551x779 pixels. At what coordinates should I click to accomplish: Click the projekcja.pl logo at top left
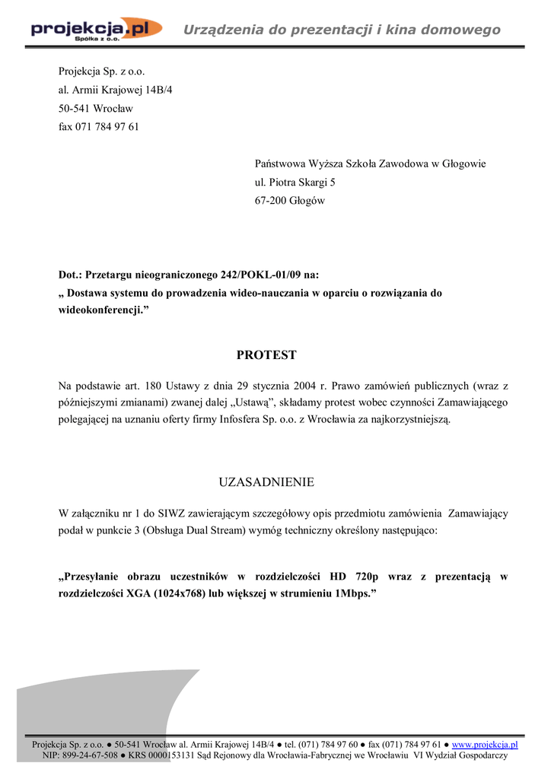[x=96, y=30]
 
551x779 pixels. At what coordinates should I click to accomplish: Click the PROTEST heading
[x=266, y=355]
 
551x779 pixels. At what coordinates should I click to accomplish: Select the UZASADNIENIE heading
[x=266, y=482]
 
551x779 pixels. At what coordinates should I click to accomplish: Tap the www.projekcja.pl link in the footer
[x=489, y=745]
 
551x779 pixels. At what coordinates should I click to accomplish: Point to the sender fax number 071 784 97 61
[x=107, y=127]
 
